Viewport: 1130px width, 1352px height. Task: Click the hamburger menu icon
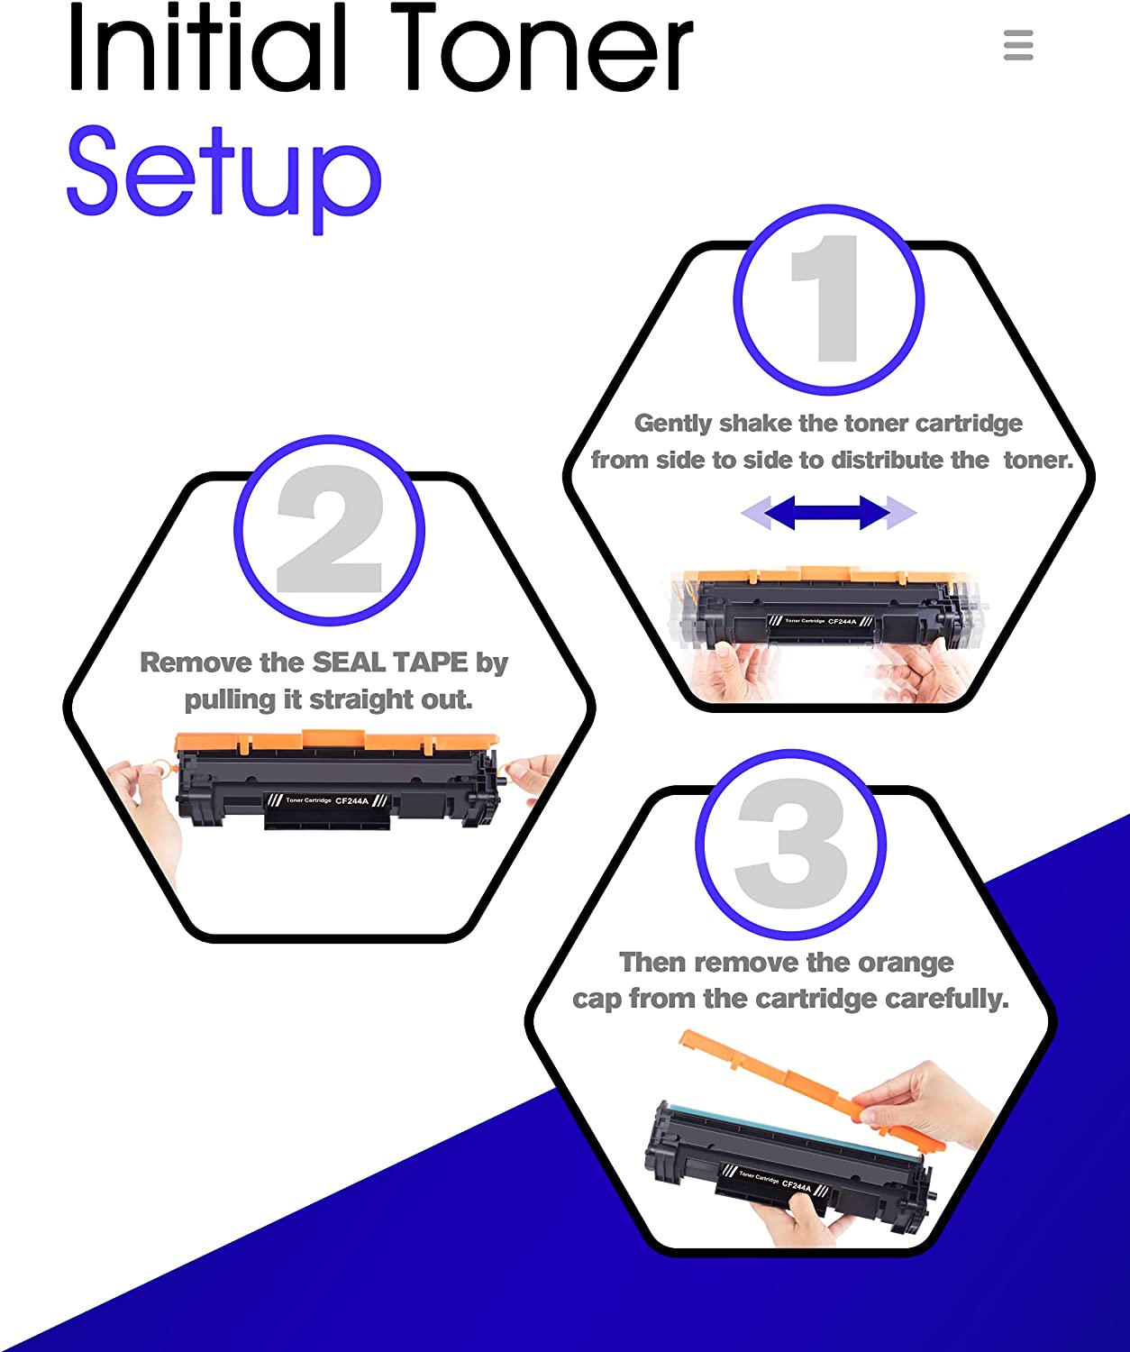[x=1018, y=45]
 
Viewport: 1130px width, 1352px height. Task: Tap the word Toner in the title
[x=541, y=50]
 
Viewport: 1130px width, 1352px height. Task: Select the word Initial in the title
[x=206, y=50]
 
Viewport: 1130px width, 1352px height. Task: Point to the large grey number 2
[x=330, y=529]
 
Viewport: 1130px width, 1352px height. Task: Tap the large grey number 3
[x=791, y=845]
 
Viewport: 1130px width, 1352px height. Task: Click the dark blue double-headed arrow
[x=828, y=513]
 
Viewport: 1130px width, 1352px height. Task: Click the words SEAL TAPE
[x=390, y=662]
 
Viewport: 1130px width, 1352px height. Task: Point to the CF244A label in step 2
[x=351, y=800]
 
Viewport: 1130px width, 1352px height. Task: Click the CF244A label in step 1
[x=842, y=621]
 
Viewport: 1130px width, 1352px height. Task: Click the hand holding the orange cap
[x=928, y=1104]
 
